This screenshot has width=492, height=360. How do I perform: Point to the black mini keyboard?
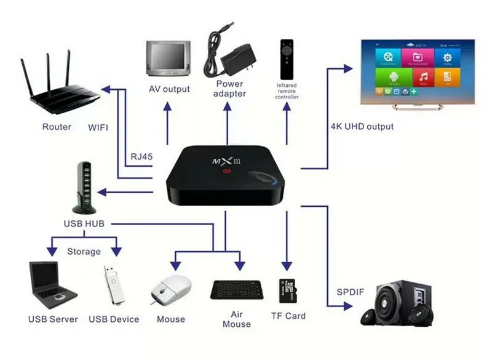coord(237,289)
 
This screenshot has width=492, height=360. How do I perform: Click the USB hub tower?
coord(84,185)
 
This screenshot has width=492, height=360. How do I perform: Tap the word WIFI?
coord(98,127)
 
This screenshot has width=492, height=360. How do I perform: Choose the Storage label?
coord(84,251)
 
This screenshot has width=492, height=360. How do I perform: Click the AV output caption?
coord(169,89)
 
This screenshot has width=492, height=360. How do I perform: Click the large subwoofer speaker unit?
coord(397,300)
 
